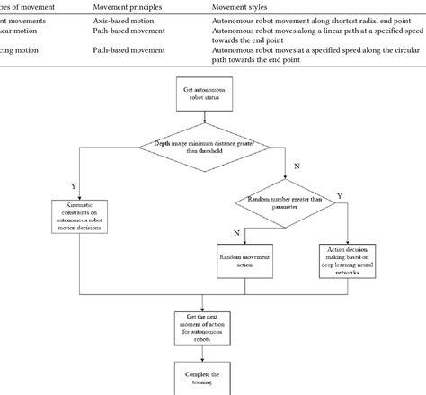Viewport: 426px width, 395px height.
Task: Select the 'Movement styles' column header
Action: [240, 5]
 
